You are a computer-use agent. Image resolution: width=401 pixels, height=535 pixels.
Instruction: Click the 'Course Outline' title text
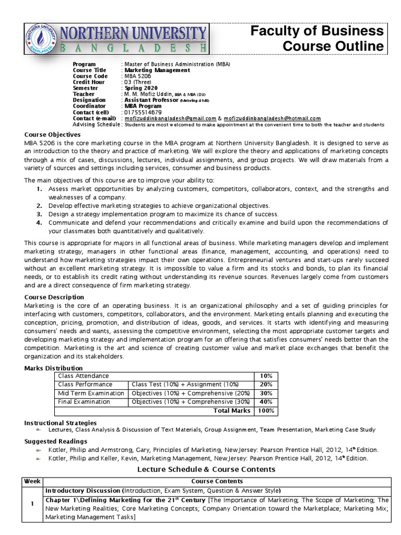click(333, 46)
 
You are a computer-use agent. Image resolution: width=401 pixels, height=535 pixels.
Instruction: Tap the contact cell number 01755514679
click(143, 112)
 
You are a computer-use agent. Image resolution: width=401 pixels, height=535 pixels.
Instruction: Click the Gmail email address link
click(170, 118)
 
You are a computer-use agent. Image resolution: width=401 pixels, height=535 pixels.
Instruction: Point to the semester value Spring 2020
click(140, 88)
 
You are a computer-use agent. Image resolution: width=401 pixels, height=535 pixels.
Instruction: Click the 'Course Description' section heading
click(54, 297)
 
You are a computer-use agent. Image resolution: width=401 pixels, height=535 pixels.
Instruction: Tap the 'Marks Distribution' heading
click(54, 368)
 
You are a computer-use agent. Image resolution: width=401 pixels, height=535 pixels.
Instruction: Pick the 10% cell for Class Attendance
click(265, 376)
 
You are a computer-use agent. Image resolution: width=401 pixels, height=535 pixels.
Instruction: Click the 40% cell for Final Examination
click(265, 402)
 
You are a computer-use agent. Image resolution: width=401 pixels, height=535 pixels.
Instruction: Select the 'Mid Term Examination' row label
click(91, 393)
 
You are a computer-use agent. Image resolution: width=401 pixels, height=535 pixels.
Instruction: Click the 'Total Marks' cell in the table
click(232, 411)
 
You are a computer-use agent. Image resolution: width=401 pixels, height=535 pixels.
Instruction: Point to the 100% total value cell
click(265, 411)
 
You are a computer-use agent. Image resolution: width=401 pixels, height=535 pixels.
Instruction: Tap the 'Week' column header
click(32, 481)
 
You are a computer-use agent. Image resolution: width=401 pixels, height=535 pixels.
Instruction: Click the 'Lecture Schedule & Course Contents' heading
click(206, 469)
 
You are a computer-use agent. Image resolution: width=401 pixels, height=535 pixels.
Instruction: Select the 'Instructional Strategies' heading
click(61, 422)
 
